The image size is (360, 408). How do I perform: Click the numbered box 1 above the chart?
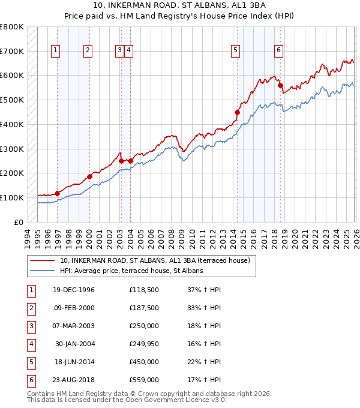55,51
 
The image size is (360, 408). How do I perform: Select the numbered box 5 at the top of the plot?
235,51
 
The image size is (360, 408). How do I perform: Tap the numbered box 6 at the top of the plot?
279,51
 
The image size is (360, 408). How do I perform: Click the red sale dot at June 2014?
237,112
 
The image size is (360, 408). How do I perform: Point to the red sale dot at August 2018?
280,86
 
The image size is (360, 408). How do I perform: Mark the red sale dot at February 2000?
89,176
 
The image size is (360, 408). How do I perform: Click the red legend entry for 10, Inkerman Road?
158,260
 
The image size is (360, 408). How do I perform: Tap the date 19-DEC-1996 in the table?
74,290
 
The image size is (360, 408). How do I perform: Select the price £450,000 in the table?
143,362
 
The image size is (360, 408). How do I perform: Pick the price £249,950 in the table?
143,344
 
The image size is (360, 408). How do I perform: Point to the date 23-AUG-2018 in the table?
74,380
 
